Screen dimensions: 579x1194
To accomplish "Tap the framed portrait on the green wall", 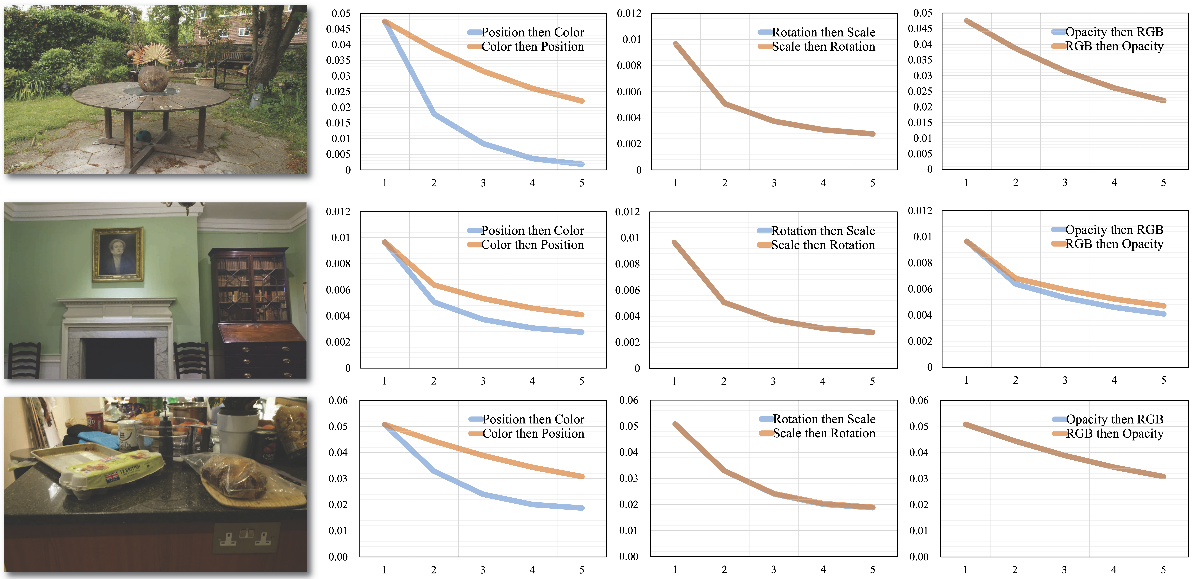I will click(x=118, y=254).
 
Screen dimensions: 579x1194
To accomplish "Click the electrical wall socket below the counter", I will click(x=246, y=537).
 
